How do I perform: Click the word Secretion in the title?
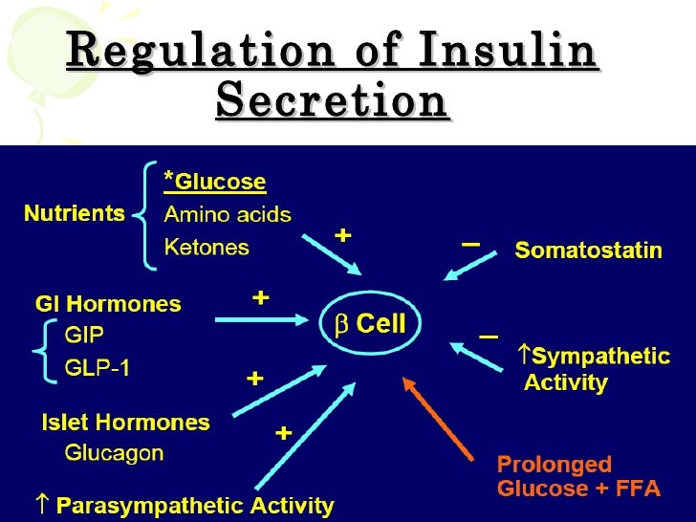[333, 100]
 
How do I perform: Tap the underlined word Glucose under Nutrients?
[222, 182]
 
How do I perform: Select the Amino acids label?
[228, 214]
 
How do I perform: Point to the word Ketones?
[207, 247]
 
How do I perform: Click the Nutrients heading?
[75, 213]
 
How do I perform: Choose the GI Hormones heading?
[108, 305]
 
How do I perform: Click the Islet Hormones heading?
[125, 422]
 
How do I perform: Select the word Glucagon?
[115, 453]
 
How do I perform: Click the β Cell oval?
[369, 324]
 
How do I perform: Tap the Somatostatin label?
[589, 250]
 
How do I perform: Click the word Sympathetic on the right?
[600, 357]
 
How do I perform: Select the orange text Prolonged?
[555, 465]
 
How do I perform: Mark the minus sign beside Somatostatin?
[470, 245]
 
